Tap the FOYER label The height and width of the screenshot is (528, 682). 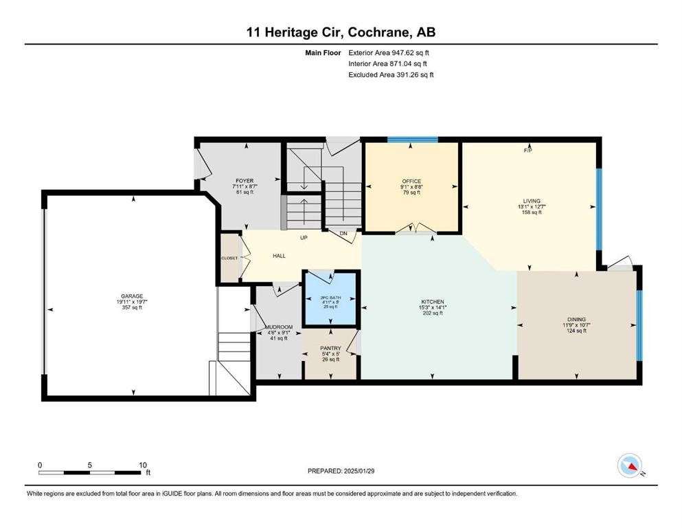tap(245, 181)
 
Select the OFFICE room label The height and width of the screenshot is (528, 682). tap(411, 181)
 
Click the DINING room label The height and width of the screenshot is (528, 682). tap(576, 320)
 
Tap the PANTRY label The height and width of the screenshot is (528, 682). tap(330, 348)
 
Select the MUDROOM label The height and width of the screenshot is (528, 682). tap(279, 327)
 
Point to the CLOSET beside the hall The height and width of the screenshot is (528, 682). tap(229, 258)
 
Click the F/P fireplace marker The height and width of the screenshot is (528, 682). tap(528, 150)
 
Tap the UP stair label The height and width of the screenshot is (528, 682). tap(302, 238)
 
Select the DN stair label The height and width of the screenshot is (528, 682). tap(343, 234)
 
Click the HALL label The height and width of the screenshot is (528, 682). tap(279, 256)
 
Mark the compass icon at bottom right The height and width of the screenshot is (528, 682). tap(629, 466)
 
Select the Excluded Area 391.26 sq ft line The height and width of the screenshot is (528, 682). tap(391, 74)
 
